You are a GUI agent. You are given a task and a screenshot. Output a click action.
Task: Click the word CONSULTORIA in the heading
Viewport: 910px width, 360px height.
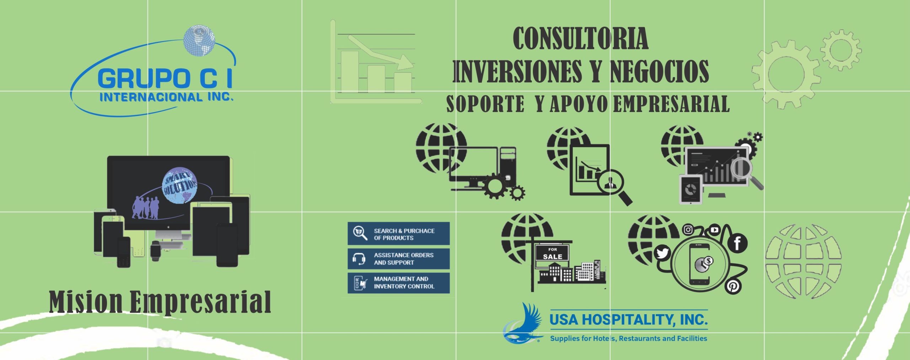coord(580,39)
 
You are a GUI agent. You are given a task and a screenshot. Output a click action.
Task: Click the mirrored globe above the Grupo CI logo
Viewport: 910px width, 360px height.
coord(199,41)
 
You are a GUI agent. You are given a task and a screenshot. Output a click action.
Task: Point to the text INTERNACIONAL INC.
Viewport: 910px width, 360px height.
coord(166,97)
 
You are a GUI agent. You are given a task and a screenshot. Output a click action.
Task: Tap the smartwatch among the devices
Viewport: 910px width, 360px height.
coord(155,251)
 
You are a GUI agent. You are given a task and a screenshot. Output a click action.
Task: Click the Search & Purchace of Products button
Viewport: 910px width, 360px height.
coord(398,233)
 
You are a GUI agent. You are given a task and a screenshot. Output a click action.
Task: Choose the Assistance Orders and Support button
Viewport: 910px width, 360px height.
coord(398,259)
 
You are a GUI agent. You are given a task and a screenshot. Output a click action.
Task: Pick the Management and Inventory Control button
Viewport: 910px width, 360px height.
coord(398,283)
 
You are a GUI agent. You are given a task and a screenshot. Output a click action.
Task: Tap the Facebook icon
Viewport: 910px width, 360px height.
coord(737,243)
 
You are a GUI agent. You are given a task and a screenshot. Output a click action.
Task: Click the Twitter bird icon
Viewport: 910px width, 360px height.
coord(662,253)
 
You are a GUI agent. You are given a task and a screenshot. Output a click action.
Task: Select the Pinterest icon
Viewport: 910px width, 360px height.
coord(733,286)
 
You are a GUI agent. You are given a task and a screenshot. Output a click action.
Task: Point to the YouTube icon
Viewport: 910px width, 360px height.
coord(714,230)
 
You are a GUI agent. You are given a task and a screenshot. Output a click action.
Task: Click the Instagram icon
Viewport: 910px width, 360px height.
coord(688,230)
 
